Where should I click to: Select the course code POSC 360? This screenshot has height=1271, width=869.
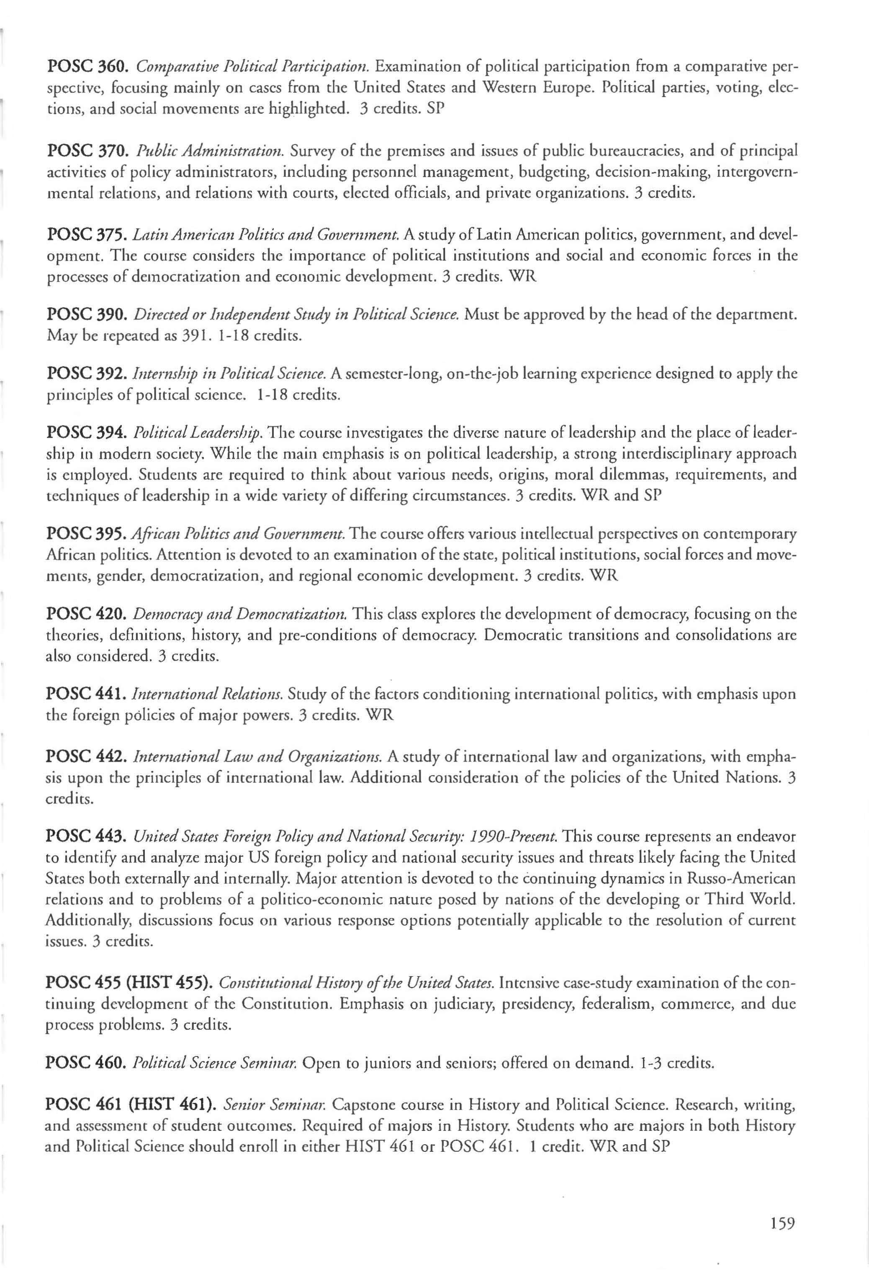(87, 67)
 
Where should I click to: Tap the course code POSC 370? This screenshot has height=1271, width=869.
(87, 150)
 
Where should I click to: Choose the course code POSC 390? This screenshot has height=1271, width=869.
(87, 315)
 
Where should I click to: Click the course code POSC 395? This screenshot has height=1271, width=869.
(87, 533)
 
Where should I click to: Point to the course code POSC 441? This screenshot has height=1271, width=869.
(87, 695)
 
